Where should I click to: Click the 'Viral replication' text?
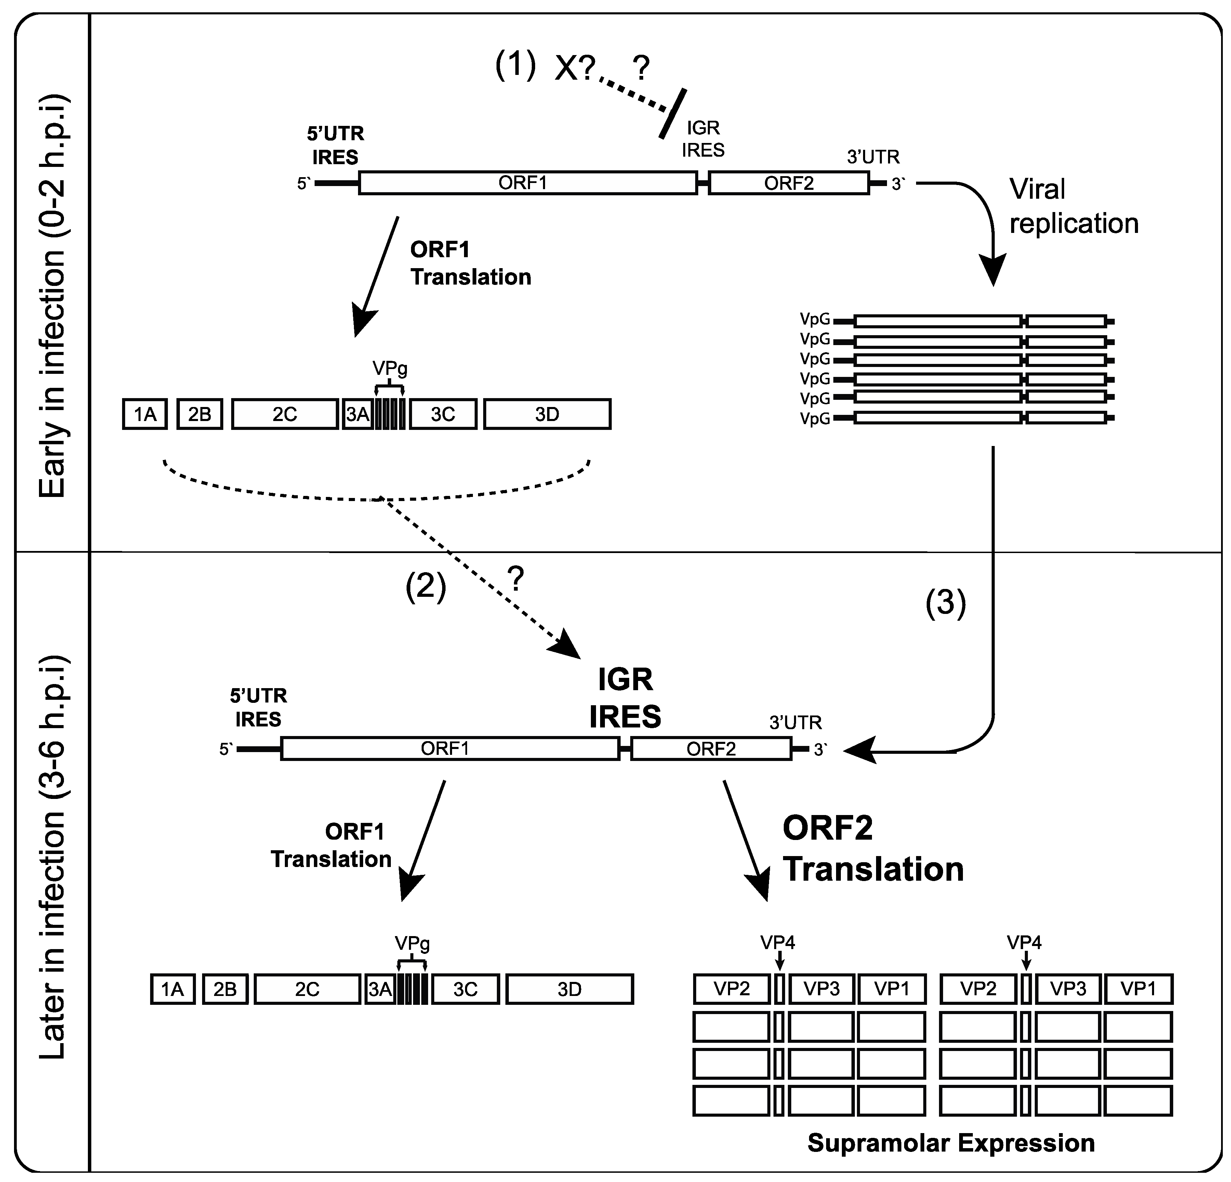tap(1073, 206)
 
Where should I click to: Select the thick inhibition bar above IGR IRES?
tap(672, 113)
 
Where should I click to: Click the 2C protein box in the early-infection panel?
tap(284, 415)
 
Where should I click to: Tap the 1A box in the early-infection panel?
tap(145, 415)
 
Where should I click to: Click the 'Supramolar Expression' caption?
tap(950, 1143)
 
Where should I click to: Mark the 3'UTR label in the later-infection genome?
tap(795, 723)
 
